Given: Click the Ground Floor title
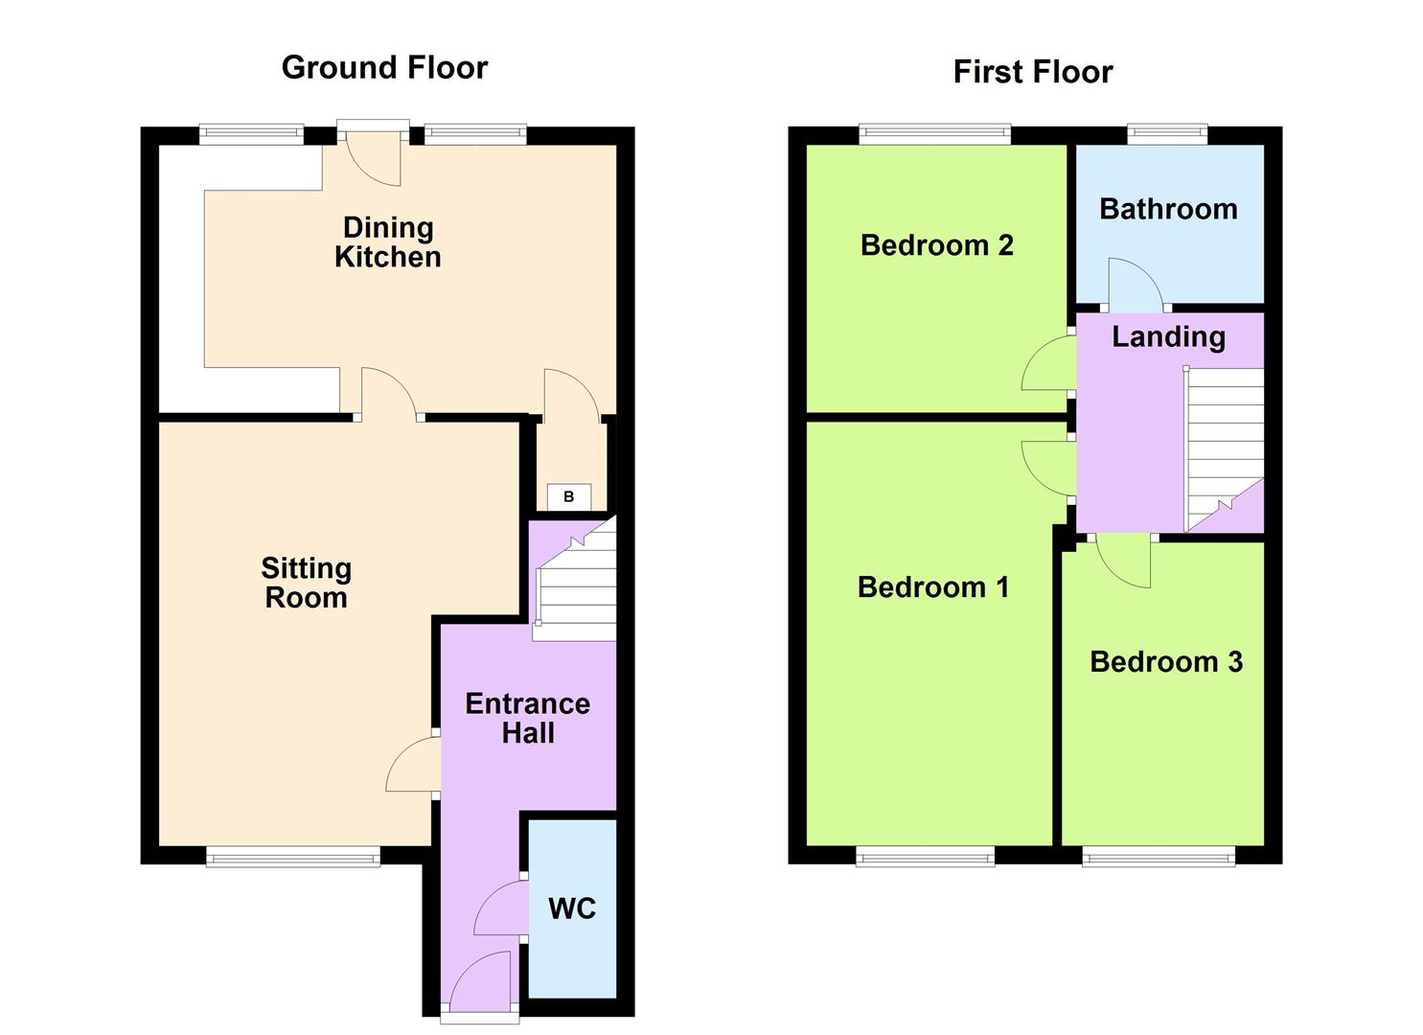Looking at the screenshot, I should click(x=384, y=67).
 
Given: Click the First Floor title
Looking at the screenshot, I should click(x=1032, y=72).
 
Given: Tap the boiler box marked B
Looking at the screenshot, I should click(x=569, y=496).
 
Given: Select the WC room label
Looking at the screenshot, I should click(x=572, y=908).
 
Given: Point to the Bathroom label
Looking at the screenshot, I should click(x=1168, y=209).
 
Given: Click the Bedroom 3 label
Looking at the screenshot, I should click(x=1166, y=661).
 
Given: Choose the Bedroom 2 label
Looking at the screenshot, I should click(x=936, y=245).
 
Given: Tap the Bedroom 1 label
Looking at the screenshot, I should click(x=933, y=586).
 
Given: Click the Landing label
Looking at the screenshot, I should click(x=1168, y=336).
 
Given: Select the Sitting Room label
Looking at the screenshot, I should click(x=307, y=583).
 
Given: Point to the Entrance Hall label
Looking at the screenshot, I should click(x=527, y=718).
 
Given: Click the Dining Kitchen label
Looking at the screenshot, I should click(x=388, y=241).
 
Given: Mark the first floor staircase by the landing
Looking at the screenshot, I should click(x=1224, y=446).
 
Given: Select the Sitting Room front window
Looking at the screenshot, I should click(x=293, y=857).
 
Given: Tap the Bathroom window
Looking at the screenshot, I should click(x=1166, y=135).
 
